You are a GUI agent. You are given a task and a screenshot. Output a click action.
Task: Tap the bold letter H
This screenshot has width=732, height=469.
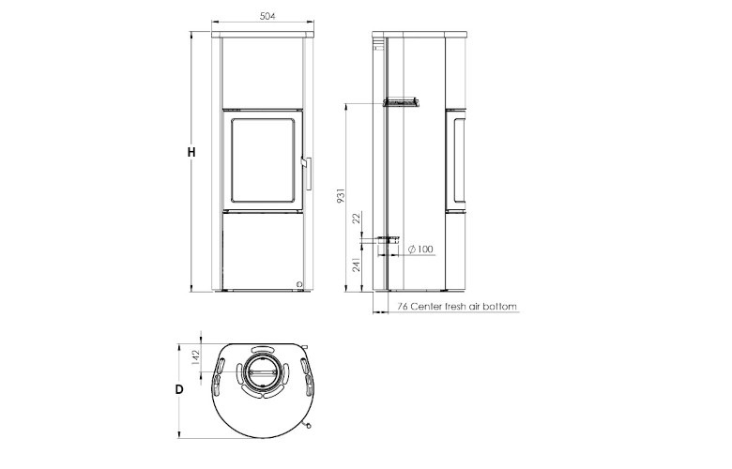pos(191,151)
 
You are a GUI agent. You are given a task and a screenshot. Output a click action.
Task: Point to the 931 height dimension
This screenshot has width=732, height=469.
pos(343,196)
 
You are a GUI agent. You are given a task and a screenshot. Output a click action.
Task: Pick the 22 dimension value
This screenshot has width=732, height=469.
pos(356,219)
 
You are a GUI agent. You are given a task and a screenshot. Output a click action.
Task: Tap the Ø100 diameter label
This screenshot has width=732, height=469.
pos(421,249)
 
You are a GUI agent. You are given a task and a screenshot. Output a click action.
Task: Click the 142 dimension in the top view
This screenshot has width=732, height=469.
pos(195,356)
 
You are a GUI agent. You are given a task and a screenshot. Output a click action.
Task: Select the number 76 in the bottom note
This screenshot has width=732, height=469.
pos(402,307)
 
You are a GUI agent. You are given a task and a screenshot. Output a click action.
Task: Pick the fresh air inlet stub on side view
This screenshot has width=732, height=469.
pos(388,240)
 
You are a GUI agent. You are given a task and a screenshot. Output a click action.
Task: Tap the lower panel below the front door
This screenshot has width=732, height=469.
pos(262,249)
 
